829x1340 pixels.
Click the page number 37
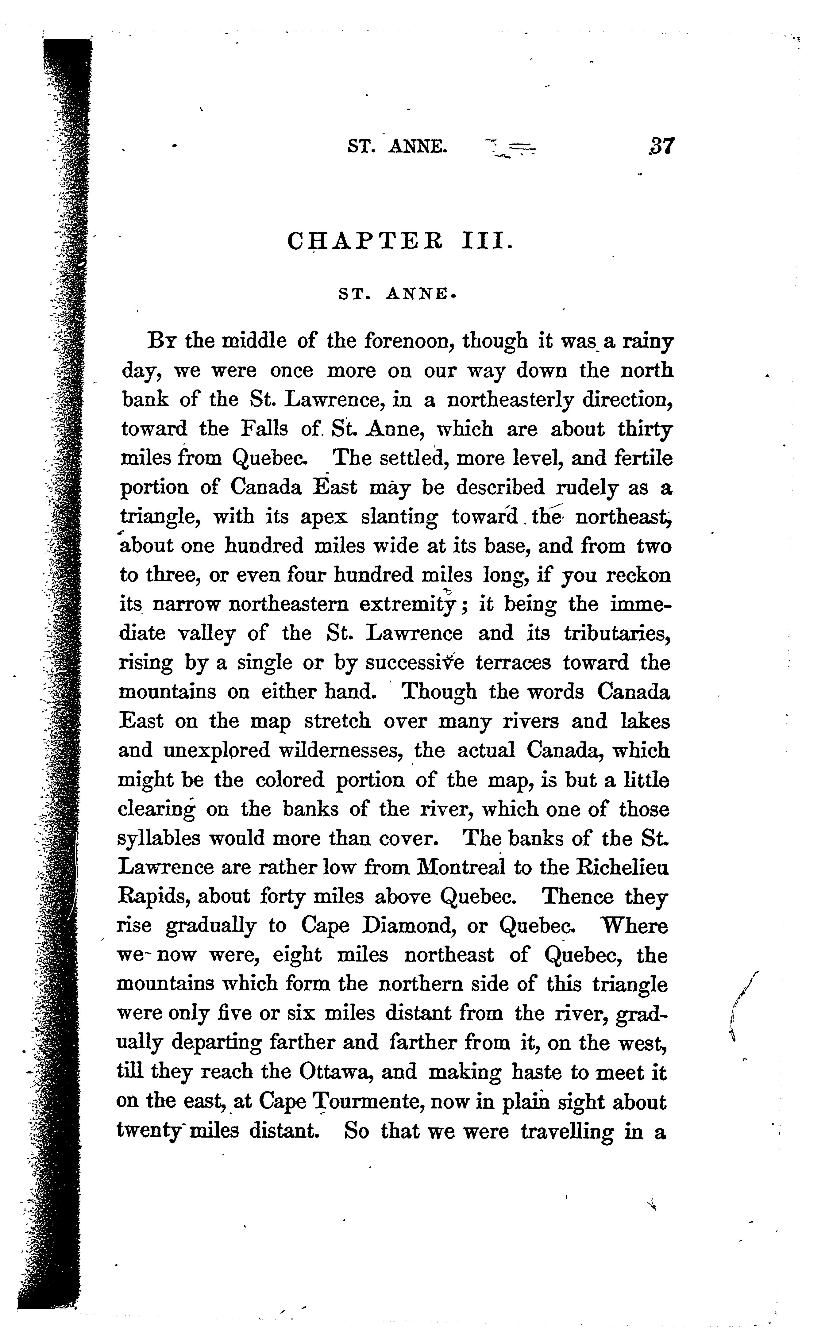click(661, 147)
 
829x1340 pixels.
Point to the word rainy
click(647, 343)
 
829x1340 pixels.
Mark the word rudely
click(588, 487)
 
